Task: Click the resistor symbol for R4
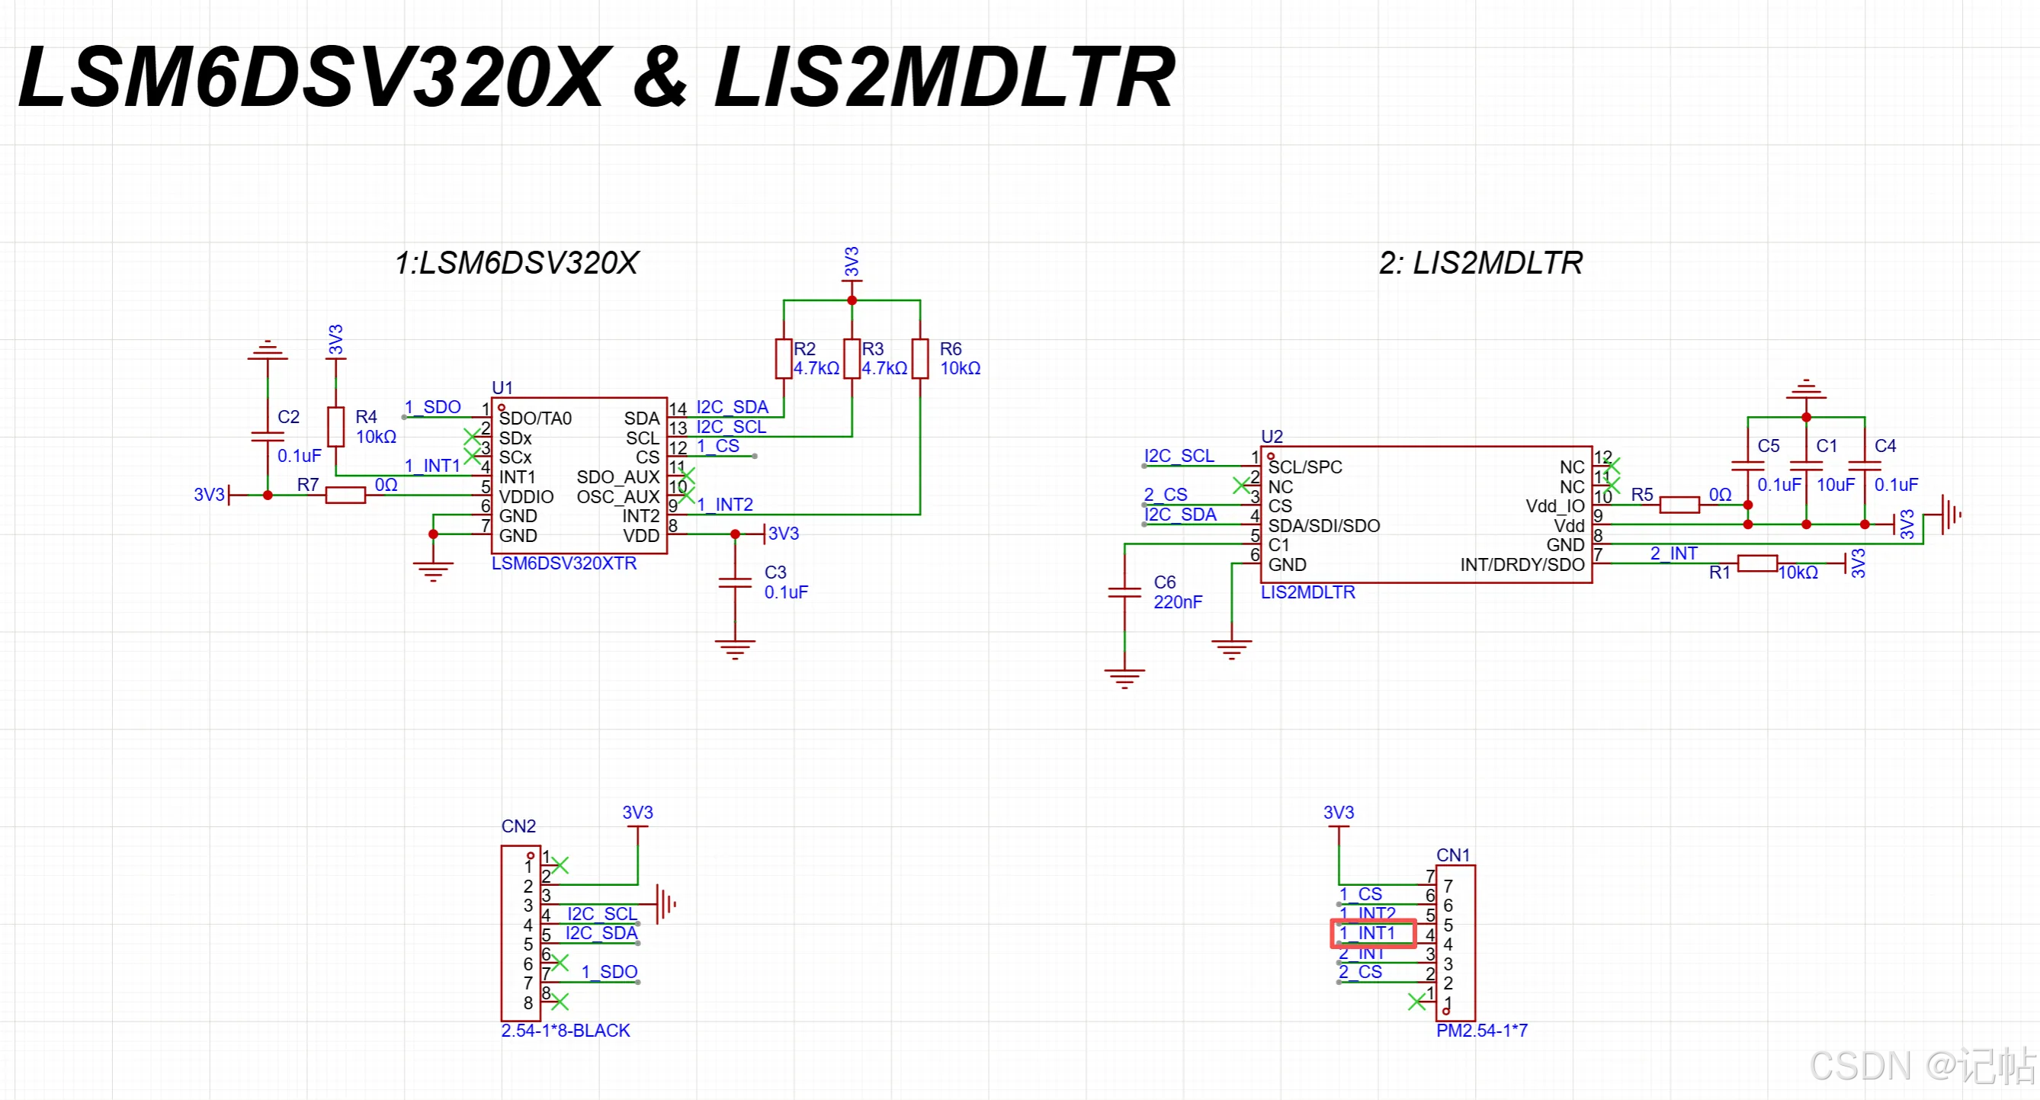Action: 335,427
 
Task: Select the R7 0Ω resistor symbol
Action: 345,495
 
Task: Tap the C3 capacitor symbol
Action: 735,583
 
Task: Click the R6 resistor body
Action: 919,359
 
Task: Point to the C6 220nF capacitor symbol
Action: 1124,592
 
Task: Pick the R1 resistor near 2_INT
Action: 1757,563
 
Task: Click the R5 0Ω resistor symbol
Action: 1679,505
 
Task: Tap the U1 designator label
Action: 502,387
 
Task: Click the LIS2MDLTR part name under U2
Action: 1307,592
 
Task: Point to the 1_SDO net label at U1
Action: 432,406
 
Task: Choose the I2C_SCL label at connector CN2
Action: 602,913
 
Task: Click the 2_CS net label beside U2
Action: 1165,494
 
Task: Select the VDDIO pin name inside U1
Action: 526,496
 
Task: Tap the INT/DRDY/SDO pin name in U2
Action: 1522,565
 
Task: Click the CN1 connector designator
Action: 1452,855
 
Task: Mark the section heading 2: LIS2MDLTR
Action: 1480,263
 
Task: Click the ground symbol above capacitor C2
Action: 268,351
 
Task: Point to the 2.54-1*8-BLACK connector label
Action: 566,1031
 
